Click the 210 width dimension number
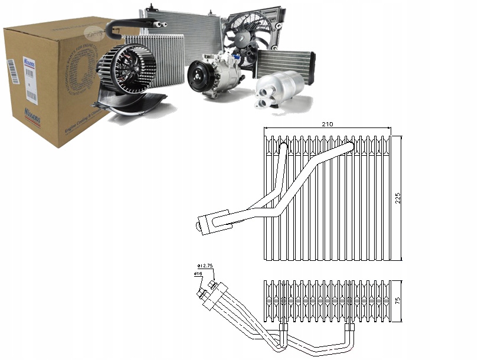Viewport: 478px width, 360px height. tap(328, 125)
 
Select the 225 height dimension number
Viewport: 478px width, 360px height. tap(398, 197)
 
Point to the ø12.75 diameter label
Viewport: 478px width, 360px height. tap(208, 266)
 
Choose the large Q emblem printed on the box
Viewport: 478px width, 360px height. tap(82, 71)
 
